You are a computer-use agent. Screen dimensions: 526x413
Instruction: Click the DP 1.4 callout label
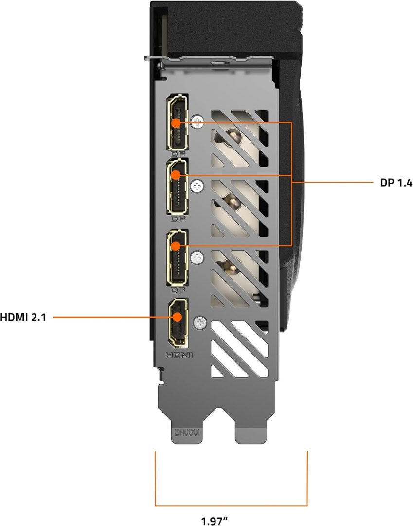(396, 183)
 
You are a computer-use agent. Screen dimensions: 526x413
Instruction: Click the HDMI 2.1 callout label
(23, 318)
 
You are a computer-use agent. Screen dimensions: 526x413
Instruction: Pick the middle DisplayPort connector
(178, 187)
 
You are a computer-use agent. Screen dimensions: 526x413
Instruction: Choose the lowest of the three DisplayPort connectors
(178, 258)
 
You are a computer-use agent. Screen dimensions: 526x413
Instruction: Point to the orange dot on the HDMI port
(178, 317)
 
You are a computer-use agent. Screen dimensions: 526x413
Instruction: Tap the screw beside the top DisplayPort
(197, 122)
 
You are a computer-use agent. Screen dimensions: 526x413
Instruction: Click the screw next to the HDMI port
(199, 322)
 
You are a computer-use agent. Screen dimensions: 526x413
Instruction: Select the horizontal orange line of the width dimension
(232, 505)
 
